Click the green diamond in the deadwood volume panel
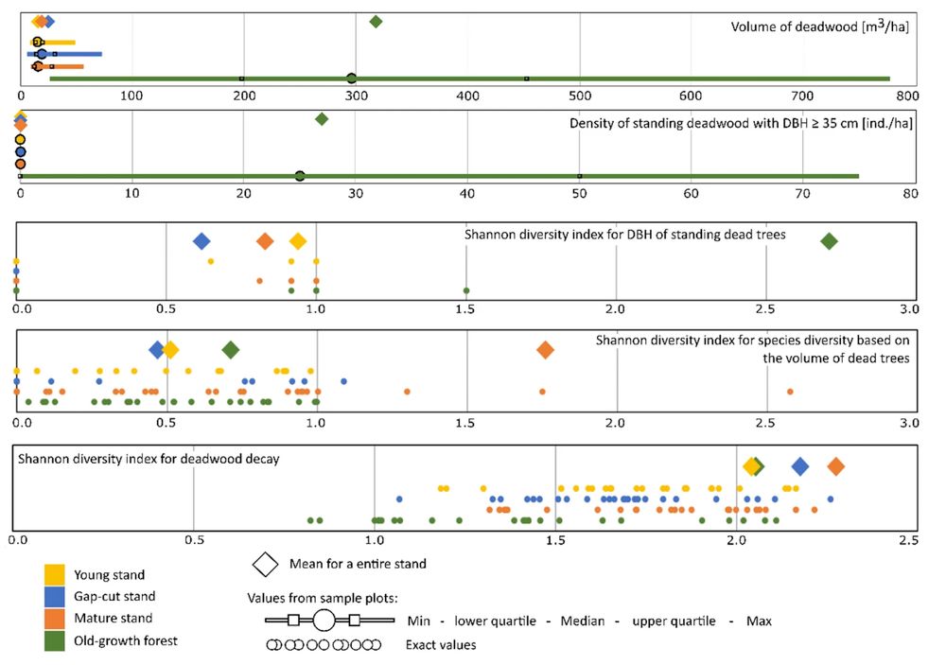click(x=376, y=22)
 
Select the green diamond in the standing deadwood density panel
click(x=322, y=119)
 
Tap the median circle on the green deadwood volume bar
click(x=351, y=79)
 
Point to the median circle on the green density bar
click(x=300, y=176)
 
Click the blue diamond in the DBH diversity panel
click(x=201, y=241)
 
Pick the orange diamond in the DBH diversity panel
click(x=266, y=241)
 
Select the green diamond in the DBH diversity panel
click(x=829, y=241)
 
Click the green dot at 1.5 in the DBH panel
click(x=466, y=290)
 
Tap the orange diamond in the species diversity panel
click(x=545, y=350)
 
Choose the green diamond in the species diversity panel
click(x=231, y=350)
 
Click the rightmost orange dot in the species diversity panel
click(x=790, y=392)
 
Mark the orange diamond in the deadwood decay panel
click(x=835, y=466)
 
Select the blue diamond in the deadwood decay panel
click(x=800, y=466)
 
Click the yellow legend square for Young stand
click(x=55, y=574)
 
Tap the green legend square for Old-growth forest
click(x=55, y=640)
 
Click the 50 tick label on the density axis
click(x=579, y=193)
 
